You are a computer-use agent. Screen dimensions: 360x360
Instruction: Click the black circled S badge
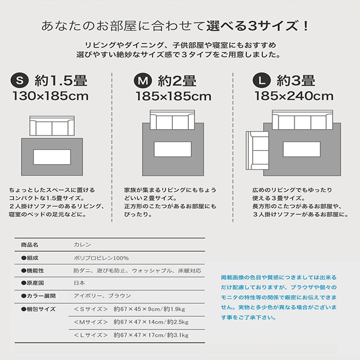tap(20, 81)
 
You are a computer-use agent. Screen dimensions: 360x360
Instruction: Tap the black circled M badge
tap(143, 81)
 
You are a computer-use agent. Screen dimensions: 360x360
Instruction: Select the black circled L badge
tap(261, 81)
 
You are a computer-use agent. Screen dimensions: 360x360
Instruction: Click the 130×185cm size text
tap(50, 96)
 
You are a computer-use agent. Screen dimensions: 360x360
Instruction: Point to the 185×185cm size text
tap(174, 96)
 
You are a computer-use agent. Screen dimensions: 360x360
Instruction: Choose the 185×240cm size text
tap(294, 96)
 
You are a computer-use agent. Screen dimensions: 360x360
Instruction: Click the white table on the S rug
tap(52, 157)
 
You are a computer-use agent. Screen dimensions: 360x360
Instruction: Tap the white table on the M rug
tap(173, 149)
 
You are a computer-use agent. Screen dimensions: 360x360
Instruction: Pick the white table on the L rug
tap(302, 149)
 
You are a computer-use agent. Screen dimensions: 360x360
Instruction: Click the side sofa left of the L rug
tap(257, 151)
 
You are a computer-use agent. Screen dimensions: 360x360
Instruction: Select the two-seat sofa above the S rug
tap(52, 125)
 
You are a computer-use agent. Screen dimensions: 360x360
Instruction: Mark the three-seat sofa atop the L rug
tap(302, 120)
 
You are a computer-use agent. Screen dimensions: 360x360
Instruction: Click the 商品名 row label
tap(30, 245)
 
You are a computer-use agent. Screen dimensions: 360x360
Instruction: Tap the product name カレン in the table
tap(82, 245)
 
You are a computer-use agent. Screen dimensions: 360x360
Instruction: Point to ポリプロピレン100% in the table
tap(101, 258)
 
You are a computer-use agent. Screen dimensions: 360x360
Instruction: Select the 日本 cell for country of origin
tap(79, 283)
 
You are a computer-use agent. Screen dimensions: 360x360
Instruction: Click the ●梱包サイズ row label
tap(39, 309)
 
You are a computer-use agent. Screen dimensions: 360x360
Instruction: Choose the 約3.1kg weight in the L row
tap(178, 335)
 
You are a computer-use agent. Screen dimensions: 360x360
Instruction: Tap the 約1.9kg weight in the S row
tap(174, 309)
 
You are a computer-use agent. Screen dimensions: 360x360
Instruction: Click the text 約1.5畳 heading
tap(61, 81)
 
